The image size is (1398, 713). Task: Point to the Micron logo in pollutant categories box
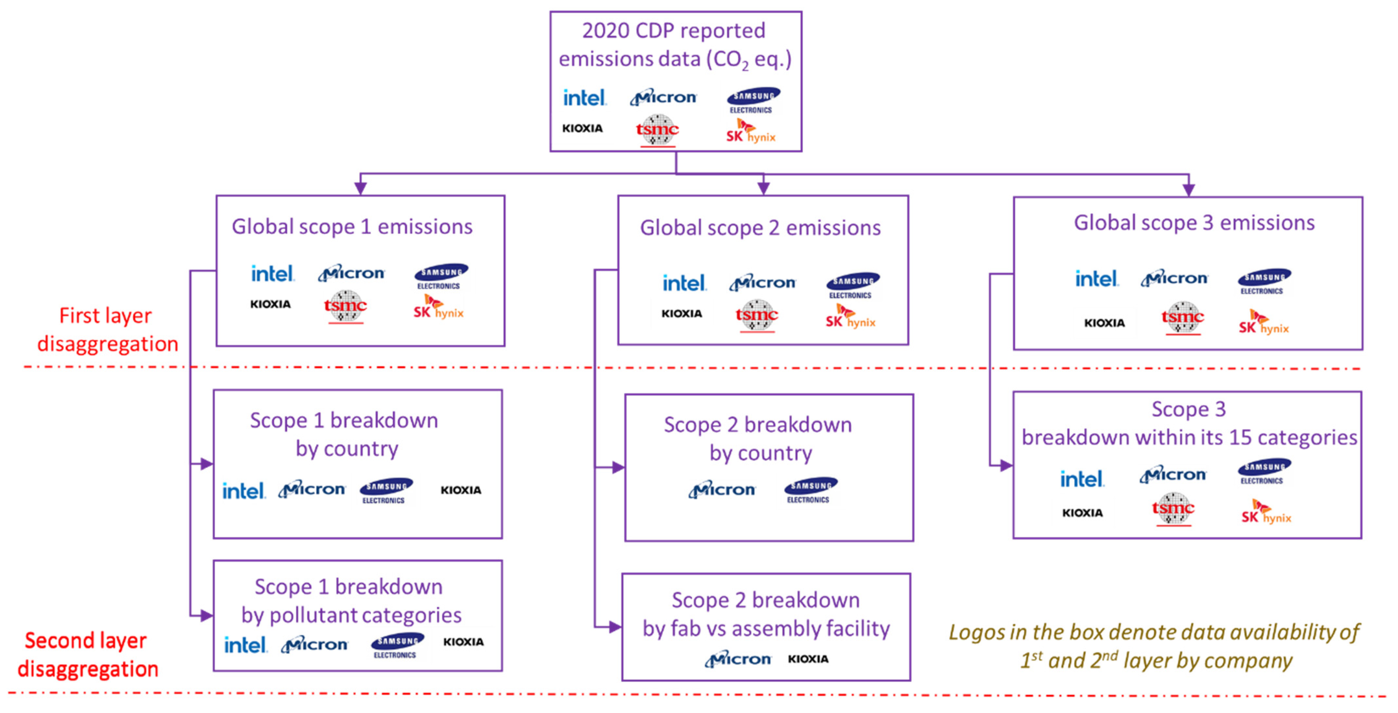click(x=315, y=645)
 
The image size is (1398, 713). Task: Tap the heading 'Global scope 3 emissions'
click(x=1194, y=223)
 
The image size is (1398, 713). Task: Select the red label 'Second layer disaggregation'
click(x=87, y=655)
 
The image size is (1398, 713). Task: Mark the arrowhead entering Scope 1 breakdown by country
click(x=206, y=464)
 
